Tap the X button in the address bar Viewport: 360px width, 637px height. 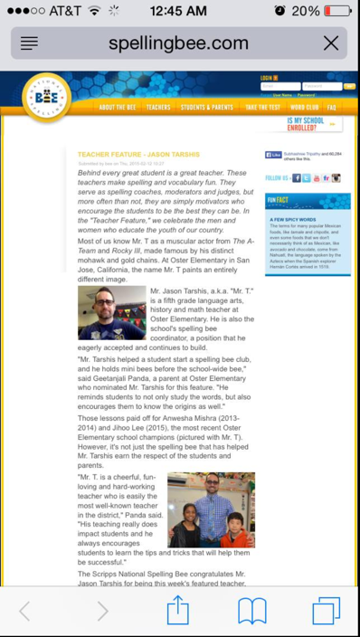click(x=331, y=43)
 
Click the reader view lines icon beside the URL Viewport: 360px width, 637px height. click(x=29, y=43)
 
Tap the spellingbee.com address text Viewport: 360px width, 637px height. click(x=178, y=43)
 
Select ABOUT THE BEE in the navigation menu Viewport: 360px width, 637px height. click(x=118, y=108)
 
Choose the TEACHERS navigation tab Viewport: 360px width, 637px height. click(x=158, y=108)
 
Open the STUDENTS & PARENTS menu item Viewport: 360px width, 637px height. click(x=206, y=108)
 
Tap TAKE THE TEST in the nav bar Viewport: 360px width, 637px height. click(x=262, y=108)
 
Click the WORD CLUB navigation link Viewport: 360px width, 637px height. click(x=305, y=108)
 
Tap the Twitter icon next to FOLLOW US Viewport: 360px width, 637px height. click(x=307, y=178)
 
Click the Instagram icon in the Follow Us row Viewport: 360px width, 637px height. click(x=336, y=178)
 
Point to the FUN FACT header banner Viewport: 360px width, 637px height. click(x=307, y=202)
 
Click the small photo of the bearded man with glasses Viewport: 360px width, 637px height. click(x=111, y=313)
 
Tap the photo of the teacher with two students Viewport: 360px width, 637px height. click(x=211, y=509)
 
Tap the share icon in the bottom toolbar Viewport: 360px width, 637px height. click(x=178, y=611)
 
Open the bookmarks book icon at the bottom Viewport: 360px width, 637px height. click(x=252, y=611)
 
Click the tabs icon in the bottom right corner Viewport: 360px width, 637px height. click(x=327, y=611)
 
